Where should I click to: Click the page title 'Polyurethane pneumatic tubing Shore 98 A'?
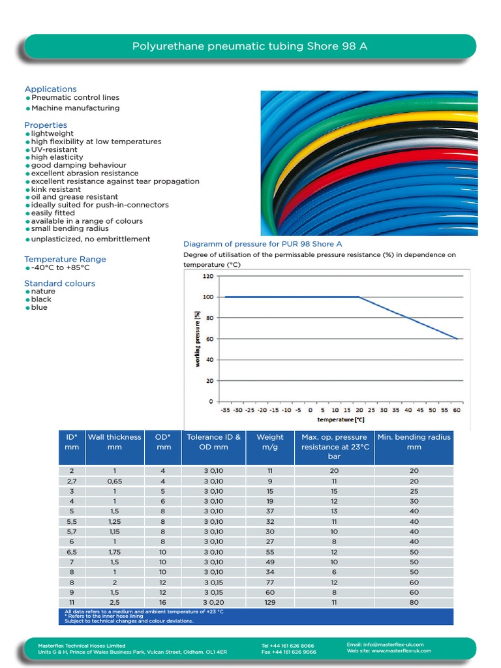click(x=254, y=46)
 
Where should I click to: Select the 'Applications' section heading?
click(x=50, y=89)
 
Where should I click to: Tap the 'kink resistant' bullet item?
click(x=56, y=189)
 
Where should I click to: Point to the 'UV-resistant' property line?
click(x=54, y=149)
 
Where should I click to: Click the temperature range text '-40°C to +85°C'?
click(x=60, y=267)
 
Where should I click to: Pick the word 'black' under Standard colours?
click(x=41, y=299)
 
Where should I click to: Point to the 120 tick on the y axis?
click(x=207, y=276)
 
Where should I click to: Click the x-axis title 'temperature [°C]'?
click(x=341, y=419)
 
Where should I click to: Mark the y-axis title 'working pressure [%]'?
click(x=196, y=339)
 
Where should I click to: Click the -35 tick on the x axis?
click(x=225, y=410)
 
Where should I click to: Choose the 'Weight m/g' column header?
click(x=270, y=442)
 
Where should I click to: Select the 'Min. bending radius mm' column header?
click(x=414, y=442)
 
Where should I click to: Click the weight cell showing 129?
click(x=270, y=603)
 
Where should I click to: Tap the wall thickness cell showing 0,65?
click(x=115, y=481)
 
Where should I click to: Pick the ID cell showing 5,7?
click(x=72, y=532)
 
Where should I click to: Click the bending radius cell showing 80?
click(x=414, y=603)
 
